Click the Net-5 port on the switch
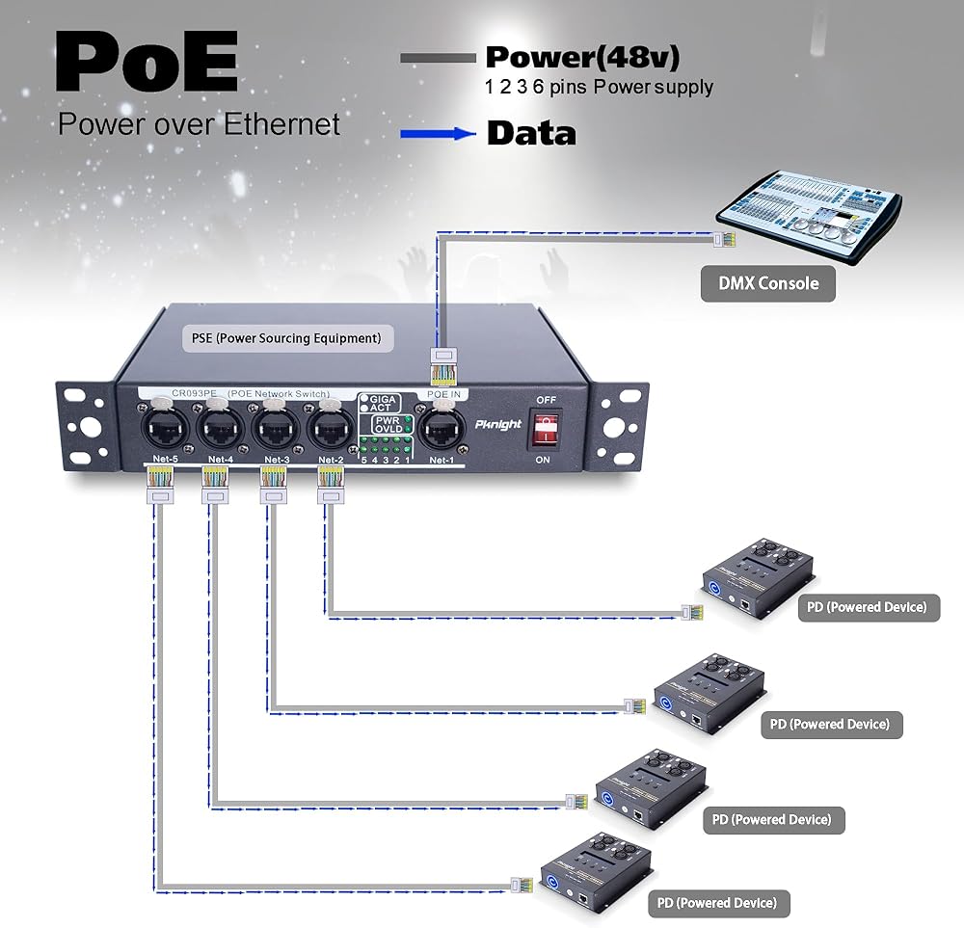coord(159,426)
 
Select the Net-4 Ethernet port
coord(219,426)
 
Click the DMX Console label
coord(767,283)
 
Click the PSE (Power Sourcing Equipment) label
coord(281,338)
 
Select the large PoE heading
coord(147,63)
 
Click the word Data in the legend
coord(531,133)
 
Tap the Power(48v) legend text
coord(582,57)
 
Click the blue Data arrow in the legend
coord(439,134)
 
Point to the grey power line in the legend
coord(438,59)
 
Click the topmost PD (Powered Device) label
coord(869,607)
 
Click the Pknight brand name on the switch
coord(497,422)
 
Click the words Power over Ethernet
coord(199,124)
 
